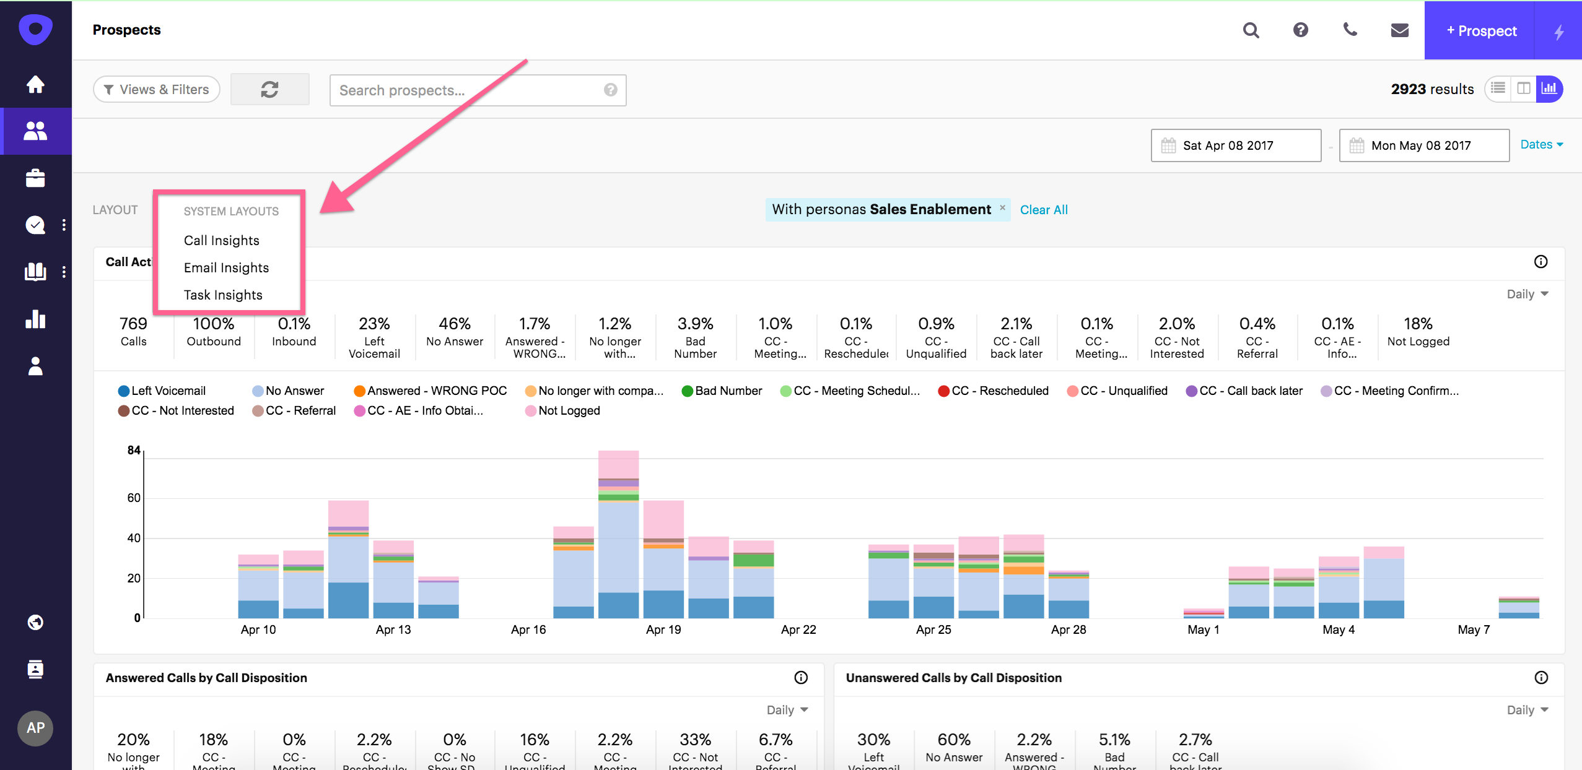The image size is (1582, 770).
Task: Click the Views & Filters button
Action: pyautogui.click(x=157, y=90)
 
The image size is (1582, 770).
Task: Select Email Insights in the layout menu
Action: pyautogui.click(x=226, y=267)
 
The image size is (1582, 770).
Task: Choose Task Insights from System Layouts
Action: pyautogui.click(x=223, y=295)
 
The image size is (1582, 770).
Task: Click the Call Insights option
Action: pyautogui.click(x=221, y=240)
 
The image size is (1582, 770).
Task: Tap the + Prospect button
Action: pyautogui.click(x=1480, y=31)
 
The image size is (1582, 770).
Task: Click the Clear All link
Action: pyautogui.click(x=1044, y=210)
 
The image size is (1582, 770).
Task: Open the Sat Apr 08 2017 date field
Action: pyautogui.click(x=1235, y=145)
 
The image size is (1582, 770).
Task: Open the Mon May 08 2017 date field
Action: pyautogui.click(x=1423, y=145)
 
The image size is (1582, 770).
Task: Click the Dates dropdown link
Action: pyautogui.click(x=1541, y=144)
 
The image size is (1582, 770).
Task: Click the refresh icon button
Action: pyautogui.click(x=269, y=90)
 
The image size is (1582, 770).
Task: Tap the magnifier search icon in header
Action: pyautogui.click(x=1251, y=30)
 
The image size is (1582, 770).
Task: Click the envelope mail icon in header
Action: pyautogui.click(x=1399, y=30)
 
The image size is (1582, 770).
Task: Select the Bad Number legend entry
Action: pyautogui.click(x=722, y=391)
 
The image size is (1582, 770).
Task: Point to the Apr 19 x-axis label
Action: pyautogui.click(x=663, y=629)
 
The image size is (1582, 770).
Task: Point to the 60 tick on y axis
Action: pyautogui.click(x=134, y=498)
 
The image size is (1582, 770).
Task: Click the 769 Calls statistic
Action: pyautogui.click(x=133, y=331)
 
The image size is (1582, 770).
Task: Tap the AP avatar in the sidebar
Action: pyautogui.click(x=35, y=728)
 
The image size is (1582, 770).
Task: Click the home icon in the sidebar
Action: pyautogui.click(x=35, y=84)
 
